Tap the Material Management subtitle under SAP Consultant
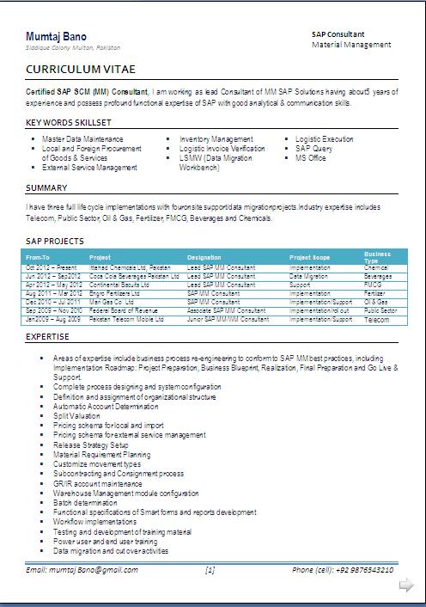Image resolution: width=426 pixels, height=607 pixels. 351,44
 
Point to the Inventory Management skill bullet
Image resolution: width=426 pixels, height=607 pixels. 216,138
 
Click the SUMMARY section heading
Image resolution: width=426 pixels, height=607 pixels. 47,187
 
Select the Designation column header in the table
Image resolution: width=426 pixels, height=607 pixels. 204,257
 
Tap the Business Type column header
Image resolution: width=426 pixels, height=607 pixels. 377,257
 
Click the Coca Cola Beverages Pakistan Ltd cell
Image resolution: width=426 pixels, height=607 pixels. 129,276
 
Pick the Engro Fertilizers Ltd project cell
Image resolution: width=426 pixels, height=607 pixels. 116,293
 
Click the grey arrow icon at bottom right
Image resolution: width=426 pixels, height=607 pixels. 406,586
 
